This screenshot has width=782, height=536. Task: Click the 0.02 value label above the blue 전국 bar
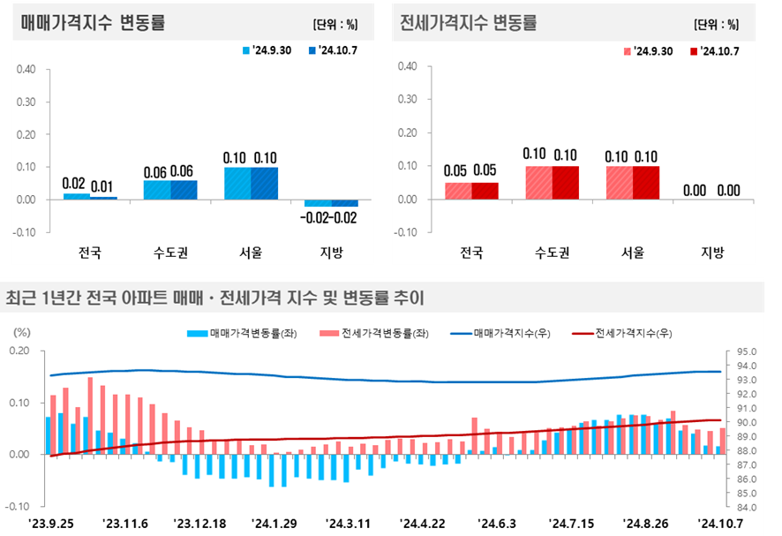point(74,184)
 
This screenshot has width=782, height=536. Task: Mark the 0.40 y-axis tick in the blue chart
point(26,68)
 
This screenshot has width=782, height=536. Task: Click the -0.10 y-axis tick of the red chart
point(405,232)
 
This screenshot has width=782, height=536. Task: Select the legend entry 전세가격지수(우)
point(626,334)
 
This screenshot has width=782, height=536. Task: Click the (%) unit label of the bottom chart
point(22,333)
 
